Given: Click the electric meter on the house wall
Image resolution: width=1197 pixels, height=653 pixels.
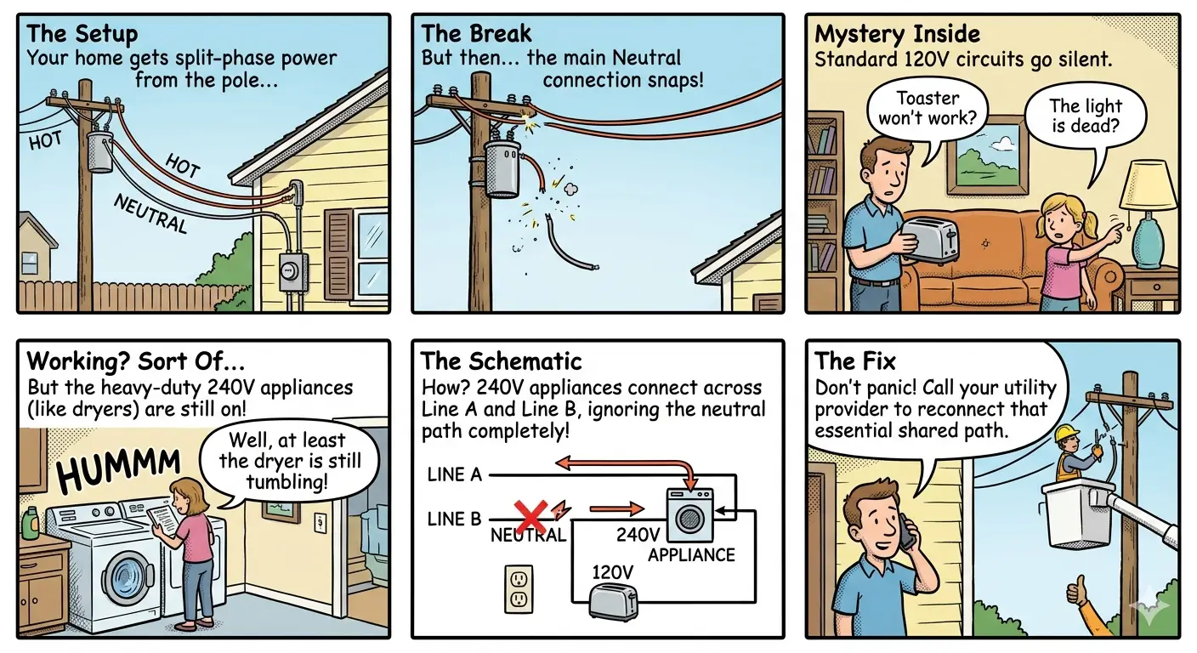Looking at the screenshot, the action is coord(293,272).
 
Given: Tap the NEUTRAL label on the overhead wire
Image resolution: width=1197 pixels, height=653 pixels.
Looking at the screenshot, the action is coord(151,213).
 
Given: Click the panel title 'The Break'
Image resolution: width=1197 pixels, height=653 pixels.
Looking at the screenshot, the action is coord(476,34).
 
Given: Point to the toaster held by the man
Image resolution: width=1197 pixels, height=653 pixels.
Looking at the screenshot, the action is coord(930,241).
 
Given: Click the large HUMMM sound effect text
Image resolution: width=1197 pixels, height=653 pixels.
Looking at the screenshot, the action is coord(119,470).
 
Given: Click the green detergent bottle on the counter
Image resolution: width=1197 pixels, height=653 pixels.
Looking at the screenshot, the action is coord(31,523).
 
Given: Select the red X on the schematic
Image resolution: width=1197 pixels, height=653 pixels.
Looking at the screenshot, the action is coord(530,517).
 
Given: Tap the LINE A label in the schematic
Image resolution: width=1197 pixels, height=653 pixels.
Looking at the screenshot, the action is coord(454,474).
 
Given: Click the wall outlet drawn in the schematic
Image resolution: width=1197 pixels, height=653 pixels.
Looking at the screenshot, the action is coord(519,589).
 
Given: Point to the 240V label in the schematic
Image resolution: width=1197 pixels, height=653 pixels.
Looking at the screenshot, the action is coord(638,534).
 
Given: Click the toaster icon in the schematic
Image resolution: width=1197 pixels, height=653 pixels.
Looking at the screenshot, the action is coord(614,601).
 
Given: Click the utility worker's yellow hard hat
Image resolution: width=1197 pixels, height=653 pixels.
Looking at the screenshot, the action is coord(1067,432).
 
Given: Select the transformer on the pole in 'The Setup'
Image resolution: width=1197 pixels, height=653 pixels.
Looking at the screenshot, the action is coord(100,151).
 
